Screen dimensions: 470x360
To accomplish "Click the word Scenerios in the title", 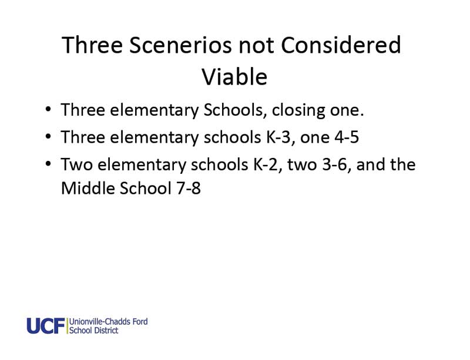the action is [180, 45].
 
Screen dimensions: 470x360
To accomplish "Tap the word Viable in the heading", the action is [234, 77].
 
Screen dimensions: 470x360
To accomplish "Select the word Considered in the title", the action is [341, 45].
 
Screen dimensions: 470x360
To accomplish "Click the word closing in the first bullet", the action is [298, 110].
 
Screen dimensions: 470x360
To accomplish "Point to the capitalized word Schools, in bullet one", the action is [236, 110].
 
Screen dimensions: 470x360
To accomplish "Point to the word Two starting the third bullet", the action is [77, 164].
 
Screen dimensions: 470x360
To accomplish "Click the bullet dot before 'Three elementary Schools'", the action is [48, 109].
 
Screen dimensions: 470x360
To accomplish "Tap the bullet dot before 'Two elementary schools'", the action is [48, 163].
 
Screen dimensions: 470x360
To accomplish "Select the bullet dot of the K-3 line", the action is [48, 136].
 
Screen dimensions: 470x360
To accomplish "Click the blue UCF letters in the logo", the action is [46, 326].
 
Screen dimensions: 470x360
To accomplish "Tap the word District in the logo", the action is [106, 330].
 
